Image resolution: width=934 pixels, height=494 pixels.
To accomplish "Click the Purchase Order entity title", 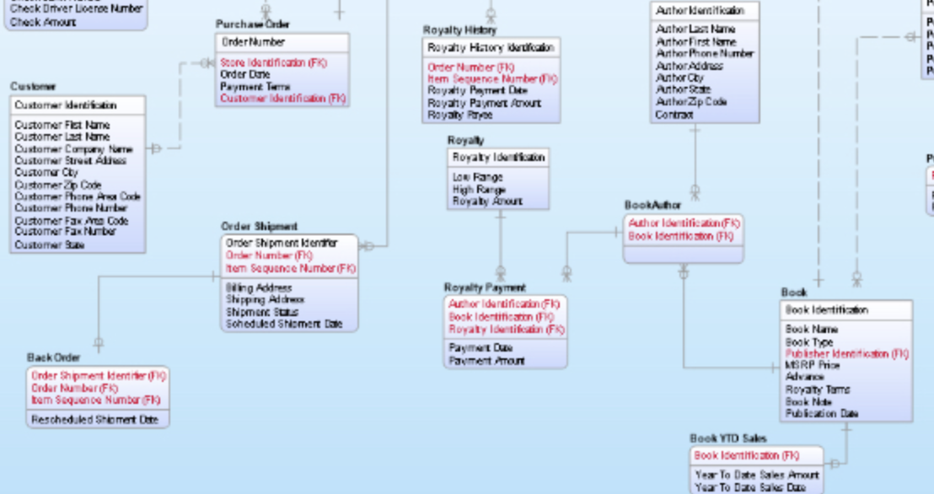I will point(252,24).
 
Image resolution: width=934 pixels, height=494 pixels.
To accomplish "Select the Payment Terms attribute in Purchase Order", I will point(255,87).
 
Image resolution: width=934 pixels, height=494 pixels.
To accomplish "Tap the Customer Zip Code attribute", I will point(57,185).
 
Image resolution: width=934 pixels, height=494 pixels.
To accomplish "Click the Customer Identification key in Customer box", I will point(66,105).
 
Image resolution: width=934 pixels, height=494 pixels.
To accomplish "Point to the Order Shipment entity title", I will point(259,226).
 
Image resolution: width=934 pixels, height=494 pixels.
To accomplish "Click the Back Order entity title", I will point(53,357).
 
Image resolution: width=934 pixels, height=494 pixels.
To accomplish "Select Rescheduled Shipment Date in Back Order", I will point(94,419).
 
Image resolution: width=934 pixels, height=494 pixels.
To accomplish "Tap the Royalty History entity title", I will point(459,30).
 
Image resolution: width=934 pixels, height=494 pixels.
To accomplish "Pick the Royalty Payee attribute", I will point(459,115).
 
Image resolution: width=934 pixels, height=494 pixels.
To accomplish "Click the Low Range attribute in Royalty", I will point(477,178).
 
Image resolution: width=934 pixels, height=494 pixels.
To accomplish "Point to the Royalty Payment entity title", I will point(484,287).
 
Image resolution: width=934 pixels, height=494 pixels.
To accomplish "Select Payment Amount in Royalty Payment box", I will point(486,361).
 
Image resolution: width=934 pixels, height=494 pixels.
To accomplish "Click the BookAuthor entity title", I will point(652,205).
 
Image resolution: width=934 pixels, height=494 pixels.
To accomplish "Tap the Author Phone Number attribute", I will point(704,53).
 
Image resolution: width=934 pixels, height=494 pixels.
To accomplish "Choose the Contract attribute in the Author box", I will point(674,115).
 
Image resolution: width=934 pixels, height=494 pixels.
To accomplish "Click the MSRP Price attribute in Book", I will point(812,366).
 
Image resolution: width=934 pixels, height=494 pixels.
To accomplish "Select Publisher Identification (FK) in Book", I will point(846,354).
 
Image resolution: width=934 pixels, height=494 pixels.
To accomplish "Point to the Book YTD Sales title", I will point(728,438).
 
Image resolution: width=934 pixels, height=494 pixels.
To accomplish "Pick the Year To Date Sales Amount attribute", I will point(757,475).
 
